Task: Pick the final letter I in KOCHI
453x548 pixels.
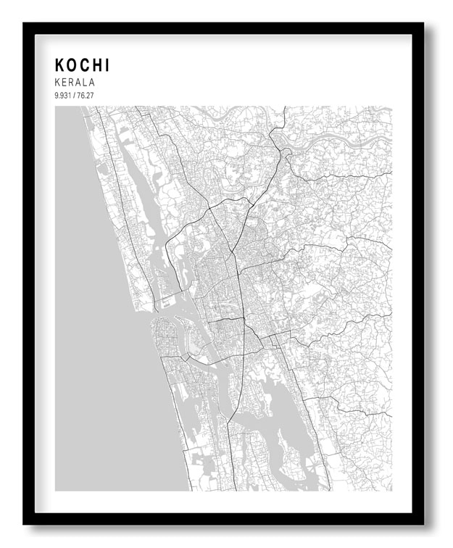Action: click(108, 65)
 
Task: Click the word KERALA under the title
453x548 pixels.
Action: click(75, 83)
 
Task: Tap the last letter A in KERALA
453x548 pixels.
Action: click(91, 83)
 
